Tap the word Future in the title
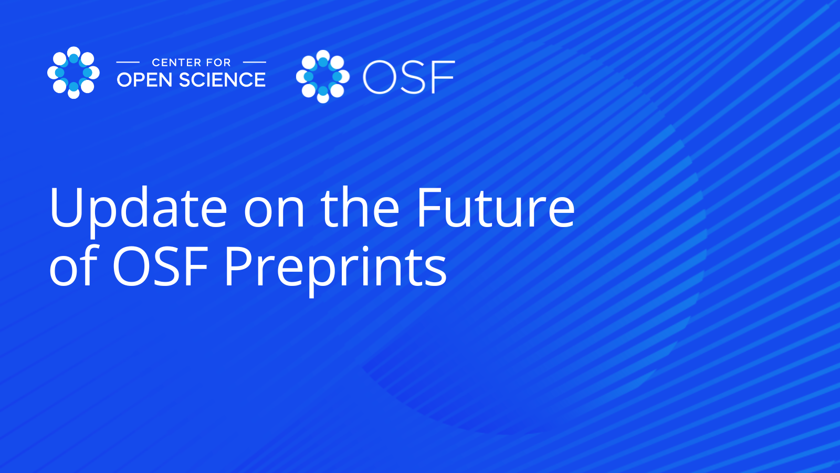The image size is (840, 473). (x=496, y=207)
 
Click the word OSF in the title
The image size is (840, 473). (x=161, y=266)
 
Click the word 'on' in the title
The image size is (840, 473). (x=274, y=212)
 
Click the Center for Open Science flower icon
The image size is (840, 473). (x=73, y=73)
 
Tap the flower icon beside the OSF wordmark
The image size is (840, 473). (x=323, y=77)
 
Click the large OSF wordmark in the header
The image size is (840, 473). (x=409, y=77)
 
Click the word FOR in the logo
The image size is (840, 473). (x=218, y=63)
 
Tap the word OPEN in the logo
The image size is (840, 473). (x=145, y=79)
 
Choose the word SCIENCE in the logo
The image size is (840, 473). (x=223, y=79)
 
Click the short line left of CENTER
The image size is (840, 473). (x=128, y=63)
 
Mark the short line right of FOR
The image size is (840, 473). (x=255, y=63)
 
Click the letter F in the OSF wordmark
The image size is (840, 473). (x=444, y=77)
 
